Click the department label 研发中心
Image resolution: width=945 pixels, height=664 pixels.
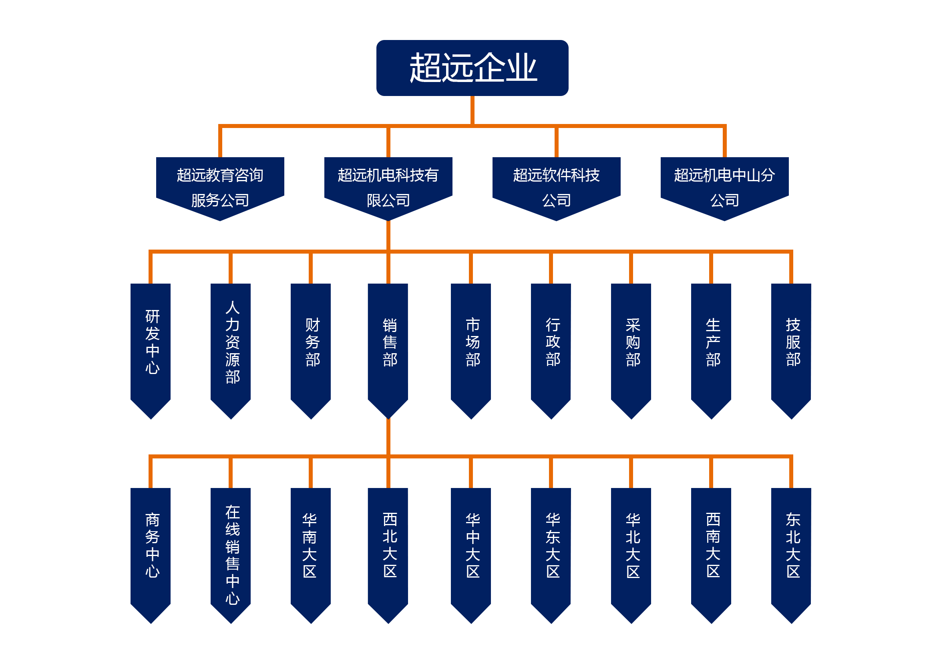coord(152,342)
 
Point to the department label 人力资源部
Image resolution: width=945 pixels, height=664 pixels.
coord(233,342)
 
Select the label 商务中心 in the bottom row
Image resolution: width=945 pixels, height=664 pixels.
coord(152,546)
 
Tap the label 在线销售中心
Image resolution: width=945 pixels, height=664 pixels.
coord(233,555)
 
